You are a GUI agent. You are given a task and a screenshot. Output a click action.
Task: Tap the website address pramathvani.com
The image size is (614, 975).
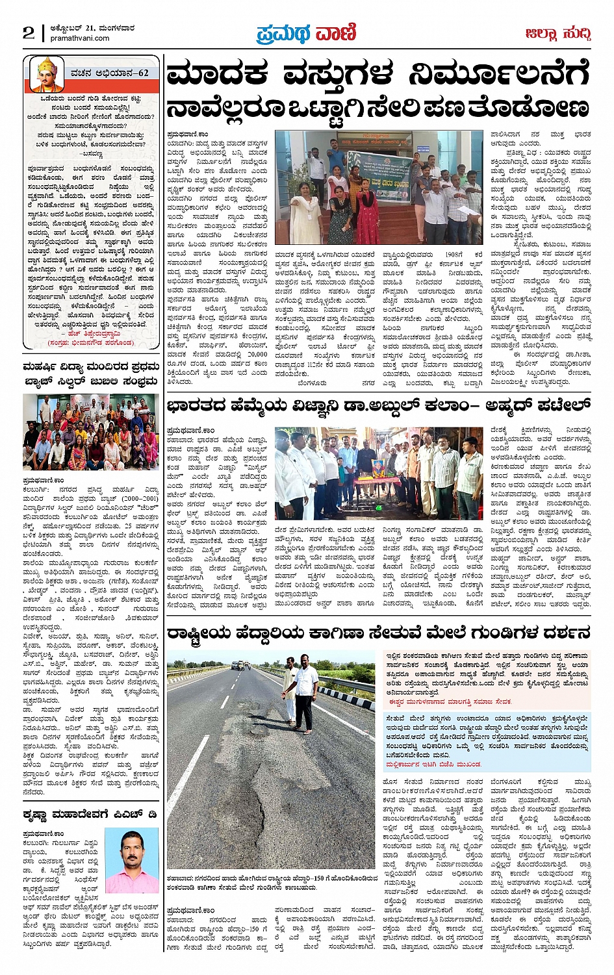click(x=80, y=38)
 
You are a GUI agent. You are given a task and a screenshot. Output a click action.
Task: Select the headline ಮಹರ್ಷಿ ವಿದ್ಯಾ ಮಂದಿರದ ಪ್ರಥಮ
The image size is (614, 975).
click(x=91, y=368)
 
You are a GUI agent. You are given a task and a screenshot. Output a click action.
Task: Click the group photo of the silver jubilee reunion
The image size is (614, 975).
click(x=90, y=432)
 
